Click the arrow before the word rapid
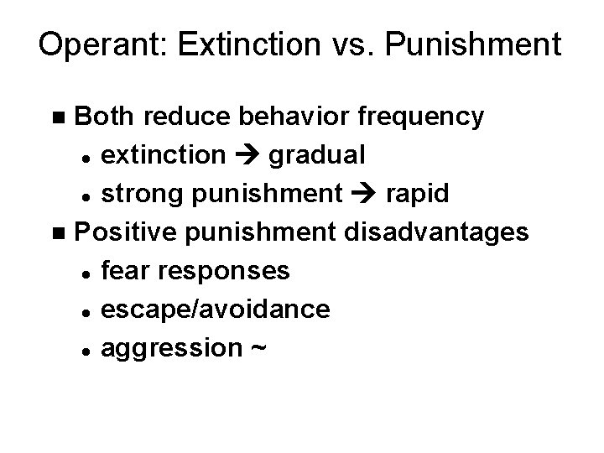363,195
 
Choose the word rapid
418,195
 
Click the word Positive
128,232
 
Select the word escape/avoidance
214,309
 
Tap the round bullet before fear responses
87,271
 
